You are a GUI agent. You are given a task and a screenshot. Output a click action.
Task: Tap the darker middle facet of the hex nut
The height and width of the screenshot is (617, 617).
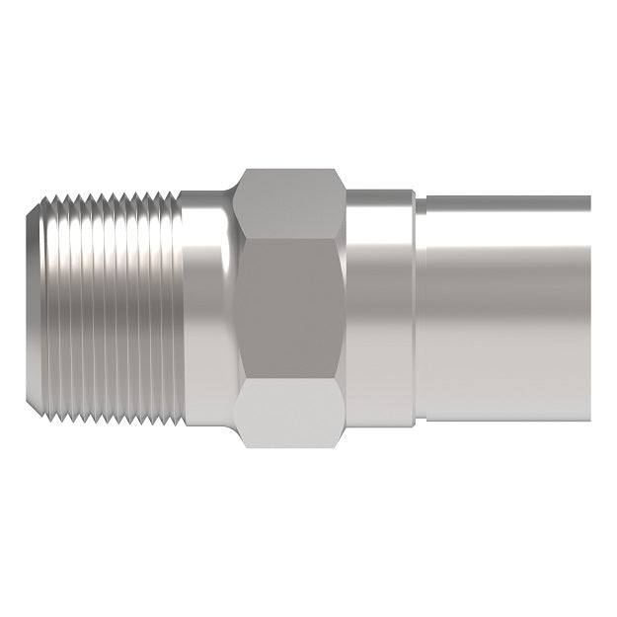[292, 308]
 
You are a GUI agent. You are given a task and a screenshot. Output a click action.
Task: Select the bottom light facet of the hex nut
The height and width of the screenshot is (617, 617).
[292, 415]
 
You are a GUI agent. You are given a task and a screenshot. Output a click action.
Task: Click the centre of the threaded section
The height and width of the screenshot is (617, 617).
[109, 308]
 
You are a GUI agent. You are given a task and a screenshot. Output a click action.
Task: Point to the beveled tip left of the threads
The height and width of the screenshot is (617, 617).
[33, 308]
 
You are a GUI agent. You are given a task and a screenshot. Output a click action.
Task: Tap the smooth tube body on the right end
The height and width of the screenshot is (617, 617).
[503, 308]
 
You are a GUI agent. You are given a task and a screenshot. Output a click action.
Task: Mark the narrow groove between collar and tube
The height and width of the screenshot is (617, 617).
[418, 308]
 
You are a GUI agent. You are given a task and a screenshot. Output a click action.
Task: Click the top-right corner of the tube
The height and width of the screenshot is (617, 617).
[589, 196]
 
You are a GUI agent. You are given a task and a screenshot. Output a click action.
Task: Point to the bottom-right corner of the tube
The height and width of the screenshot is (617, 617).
[589, 419]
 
